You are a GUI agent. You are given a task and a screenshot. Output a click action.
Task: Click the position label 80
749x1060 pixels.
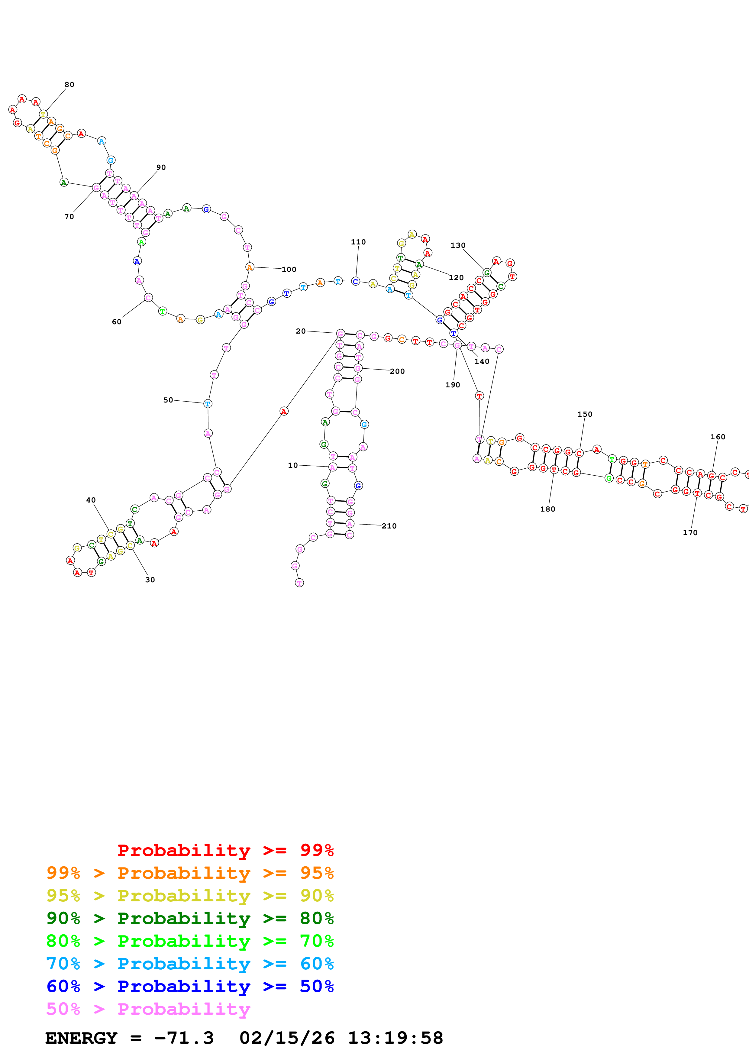click(69, 85)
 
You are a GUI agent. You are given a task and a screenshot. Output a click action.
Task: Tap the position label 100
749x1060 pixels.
click(289, 270)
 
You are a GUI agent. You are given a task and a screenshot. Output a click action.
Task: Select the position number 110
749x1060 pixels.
click(358, 242)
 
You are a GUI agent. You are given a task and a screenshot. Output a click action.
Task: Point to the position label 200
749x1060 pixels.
click(397, 371)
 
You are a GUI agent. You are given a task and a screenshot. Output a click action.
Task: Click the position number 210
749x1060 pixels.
click(389, 526)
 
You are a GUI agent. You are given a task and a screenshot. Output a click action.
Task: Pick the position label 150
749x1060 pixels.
click(585, 414)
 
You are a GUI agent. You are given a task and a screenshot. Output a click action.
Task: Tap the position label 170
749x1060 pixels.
click(690, 533)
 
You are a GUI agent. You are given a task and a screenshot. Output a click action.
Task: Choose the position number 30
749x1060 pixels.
click(150, 580)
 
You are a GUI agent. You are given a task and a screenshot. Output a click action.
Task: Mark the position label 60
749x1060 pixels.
click(117, 322)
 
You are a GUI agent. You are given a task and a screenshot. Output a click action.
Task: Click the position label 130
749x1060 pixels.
click(458, 245)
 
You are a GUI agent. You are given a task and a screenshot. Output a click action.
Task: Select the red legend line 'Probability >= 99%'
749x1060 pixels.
click(225, 850)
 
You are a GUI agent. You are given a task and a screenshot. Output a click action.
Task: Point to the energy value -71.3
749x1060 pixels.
click(184, 1038)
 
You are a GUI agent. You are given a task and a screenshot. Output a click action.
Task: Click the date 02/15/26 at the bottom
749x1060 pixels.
click(287, 1038)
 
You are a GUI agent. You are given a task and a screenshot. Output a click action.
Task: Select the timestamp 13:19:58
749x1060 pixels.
click(395, 1038)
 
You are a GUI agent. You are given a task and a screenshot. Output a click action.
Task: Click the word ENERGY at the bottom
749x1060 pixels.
click(81, 1038)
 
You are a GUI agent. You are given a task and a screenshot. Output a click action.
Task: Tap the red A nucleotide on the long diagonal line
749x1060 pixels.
click(284, 411)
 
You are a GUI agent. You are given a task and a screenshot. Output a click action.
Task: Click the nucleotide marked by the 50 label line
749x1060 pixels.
click(208, 403)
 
